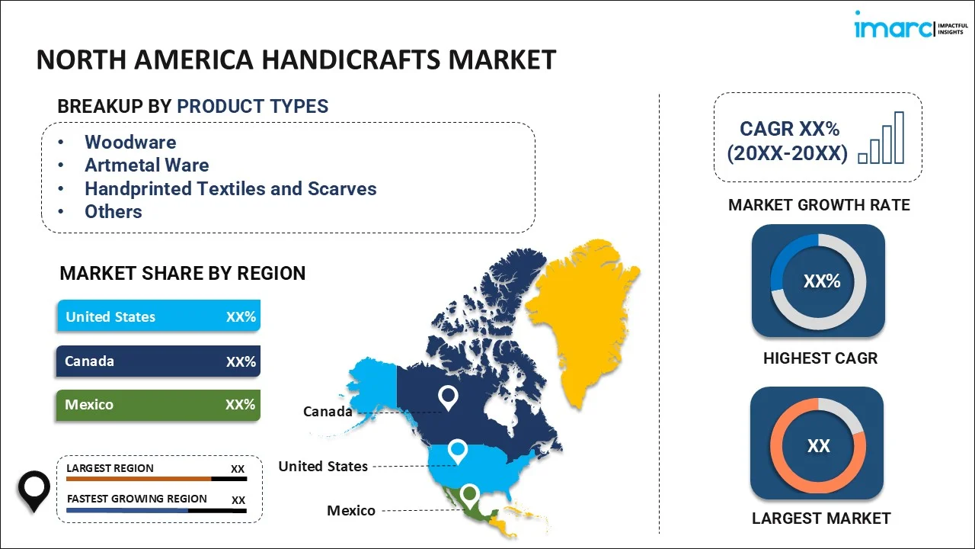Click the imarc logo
coord(911,25)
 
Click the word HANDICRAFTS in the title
coord(351,59)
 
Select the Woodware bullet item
coord(130,142)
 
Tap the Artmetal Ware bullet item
coord(147,165)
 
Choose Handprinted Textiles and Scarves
coord(231,188)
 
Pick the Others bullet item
coord(113,212)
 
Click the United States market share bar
coord(159,316)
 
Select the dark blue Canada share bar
coord(158,361)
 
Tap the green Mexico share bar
coord(158,405)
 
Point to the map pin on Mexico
coord(470,495)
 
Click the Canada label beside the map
coord(328,411)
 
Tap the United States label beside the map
coord(323,466)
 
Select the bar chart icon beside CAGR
coord(881,138)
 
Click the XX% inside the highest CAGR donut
coord(822,281)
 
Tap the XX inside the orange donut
coord(818,446)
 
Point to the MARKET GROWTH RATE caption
coord(819,205)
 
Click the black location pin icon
coord(34,491)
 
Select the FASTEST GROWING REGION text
coord(136,499)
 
